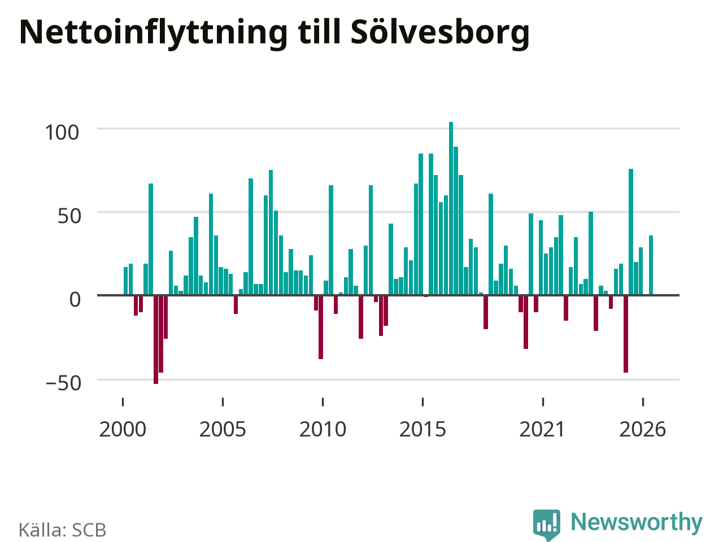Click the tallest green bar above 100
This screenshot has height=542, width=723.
[451, 208]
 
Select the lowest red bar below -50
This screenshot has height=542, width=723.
[156, 340]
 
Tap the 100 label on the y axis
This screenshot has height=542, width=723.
[62, 133]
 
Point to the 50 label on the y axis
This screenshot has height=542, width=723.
[69, 217]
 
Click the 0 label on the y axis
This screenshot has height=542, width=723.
[75, 300]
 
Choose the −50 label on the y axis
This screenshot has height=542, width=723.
[63, 383]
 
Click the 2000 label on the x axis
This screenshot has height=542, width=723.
[123, 430]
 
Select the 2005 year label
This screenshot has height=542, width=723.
[223, 430]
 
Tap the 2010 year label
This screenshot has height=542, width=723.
[323, 430]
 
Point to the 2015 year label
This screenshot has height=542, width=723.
[423, 430]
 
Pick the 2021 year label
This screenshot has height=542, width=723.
[542, 430]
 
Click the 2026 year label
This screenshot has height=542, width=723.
[643, 430]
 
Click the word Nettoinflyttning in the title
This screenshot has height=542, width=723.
[154, 33]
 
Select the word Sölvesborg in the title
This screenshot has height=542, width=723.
[440, 33]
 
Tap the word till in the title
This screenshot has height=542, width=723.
[319, 32]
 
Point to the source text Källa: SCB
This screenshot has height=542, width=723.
[62, 530]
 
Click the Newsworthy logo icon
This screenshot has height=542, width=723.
[546, 524]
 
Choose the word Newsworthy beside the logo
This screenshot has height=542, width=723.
[637, 522]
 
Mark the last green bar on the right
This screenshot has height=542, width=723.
[651, 265]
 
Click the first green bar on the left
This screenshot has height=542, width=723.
[125, 281]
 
